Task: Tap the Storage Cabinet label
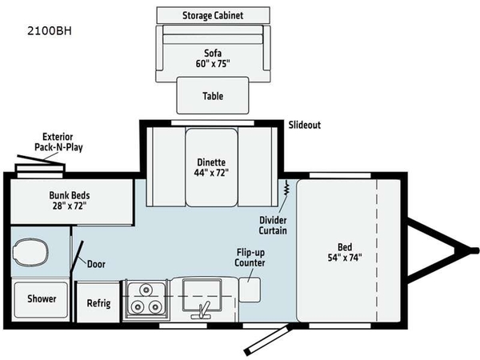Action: click(211, 15)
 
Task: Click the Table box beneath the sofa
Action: click(211, 96)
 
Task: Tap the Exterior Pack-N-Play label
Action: click(58, 142)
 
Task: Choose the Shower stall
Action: click(42, 299)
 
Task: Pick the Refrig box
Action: click(98, 304)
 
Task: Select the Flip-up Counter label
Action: click(250, 257)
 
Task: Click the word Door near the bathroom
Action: click(94, 263)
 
